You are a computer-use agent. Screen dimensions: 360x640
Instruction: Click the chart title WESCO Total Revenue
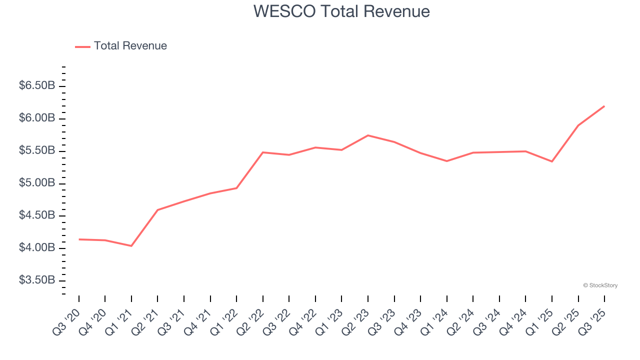tap(341, 11)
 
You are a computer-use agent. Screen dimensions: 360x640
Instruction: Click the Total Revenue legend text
tap(130, 46)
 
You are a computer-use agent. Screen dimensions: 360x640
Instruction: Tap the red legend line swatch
tap(82, 46)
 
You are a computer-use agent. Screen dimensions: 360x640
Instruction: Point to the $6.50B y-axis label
tap(37, 86)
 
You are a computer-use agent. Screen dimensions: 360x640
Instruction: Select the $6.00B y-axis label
tap(37, 118)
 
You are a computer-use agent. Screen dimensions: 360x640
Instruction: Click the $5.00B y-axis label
tap(37, 183)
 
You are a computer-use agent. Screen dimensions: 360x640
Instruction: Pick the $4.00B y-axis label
tap(37, 248)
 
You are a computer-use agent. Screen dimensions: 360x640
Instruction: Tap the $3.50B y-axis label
tap(37, 280)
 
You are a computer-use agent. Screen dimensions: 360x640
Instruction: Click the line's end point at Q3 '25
tap(604, 106)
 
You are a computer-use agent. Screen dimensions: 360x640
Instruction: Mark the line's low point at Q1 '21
tap(131, 246)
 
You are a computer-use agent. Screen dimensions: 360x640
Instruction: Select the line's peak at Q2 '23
tap(368, 135)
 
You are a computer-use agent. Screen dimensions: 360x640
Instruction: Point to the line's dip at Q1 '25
tap(552, 161)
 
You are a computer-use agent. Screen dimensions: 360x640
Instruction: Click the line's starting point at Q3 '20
tap(79, 239)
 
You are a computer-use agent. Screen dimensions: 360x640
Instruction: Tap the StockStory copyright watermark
tap(600, 285)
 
